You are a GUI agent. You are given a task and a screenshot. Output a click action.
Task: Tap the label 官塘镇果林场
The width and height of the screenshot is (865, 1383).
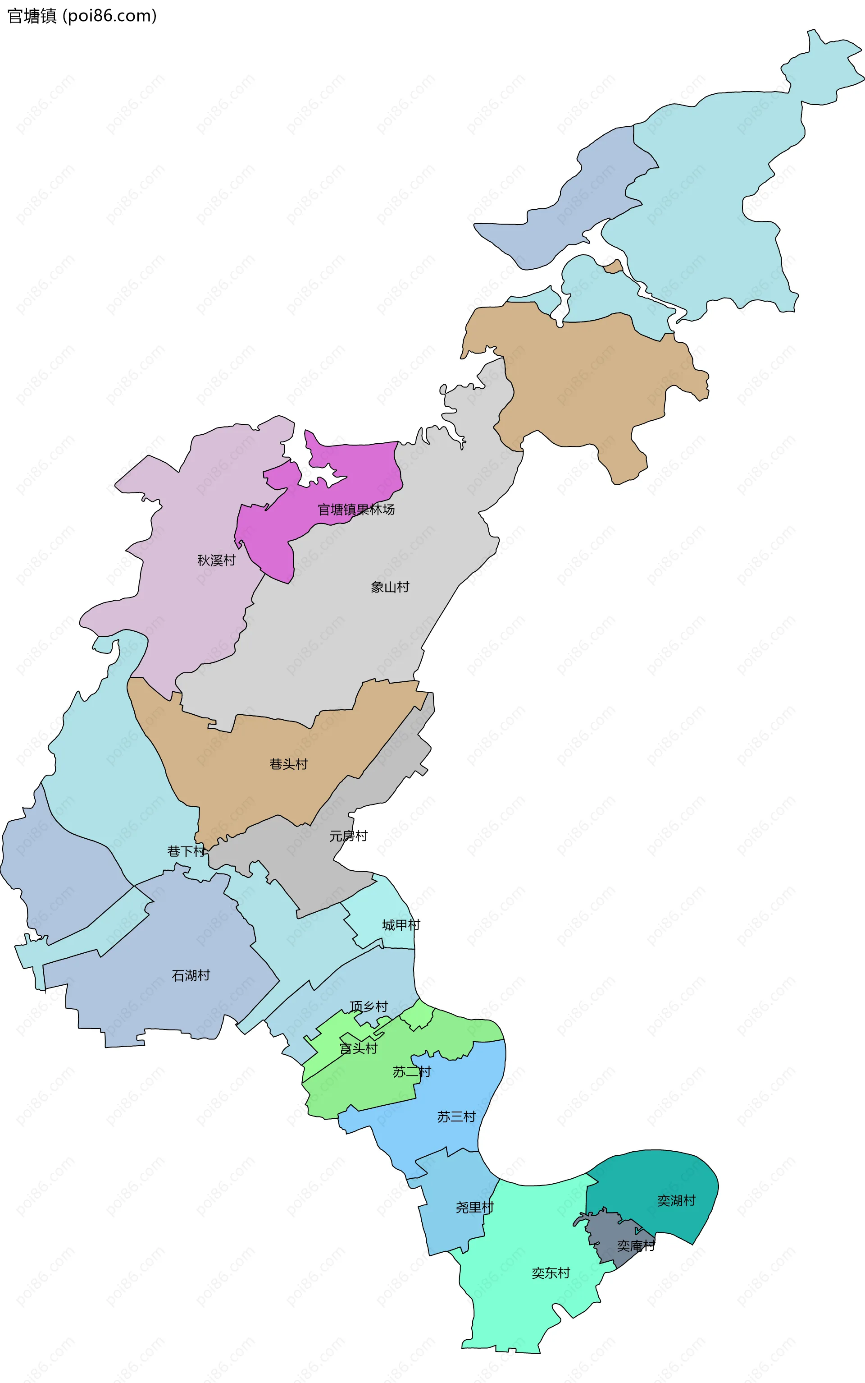[356, 510]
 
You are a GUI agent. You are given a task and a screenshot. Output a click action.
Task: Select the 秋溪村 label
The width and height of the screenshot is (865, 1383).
[216, 561]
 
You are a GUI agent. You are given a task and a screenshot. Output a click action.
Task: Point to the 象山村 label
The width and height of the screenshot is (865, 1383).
[390, 587]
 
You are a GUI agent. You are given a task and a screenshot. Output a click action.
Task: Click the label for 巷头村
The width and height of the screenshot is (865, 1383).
[288, 764]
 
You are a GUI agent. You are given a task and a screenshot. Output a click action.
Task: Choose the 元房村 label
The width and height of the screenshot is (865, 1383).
[348, 836]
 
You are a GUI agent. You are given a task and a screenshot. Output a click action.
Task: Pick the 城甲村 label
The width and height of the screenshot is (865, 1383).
[401, 925]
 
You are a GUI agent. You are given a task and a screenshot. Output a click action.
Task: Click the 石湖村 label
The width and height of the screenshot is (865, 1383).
[191, 975]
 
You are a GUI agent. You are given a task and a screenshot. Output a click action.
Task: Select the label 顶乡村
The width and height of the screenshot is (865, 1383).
[369, 1006]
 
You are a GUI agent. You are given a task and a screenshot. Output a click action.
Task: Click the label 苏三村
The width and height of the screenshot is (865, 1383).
[456, 1117]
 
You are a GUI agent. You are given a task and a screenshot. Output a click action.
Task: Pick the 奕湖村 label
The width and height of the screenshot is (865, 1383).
[676, 1200]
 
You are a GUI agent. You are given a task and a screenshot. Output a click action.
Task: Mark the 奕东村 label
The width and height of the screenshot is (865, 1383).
[551, 1273]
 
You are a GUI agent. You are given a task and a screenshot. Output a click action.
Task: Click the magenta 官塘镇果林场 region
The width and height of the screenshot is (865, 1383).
[355, 469]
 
